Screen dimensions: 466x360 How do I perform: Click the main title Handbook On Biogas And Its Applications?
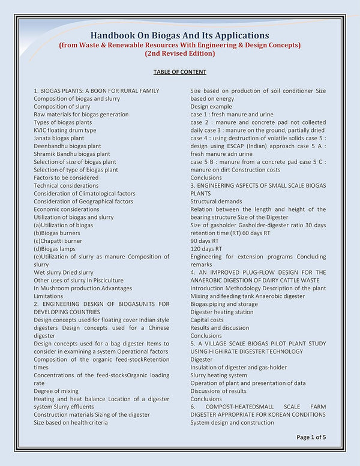[x=179, y=35]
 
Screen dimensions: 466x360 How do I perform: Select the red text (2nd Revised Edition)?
[x=179, y=53]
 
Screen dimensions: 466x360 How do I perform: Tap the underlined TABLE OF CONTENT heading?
[x=179, y=72]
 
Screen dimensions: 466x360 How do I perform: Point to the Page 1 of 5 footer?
[x=311, y=437]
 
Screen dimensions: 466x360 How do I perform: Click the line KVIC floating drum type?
[x=65, y=130]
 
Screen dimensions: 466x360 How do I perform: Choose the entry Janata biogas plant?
[x=59, y=138]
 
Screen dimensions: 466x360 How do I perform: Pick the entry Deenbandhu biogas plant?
[x=67, y=146]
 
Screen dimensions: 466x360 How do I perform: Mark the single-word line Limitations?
[x=49, y=296]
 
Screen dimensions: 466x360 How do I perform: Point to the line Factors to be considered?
[x=66, y=178]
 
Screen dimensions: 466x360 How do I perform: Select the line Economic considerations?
[x=67, y=209]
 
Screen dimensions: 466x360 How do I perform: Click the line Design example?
[x=211, y=106]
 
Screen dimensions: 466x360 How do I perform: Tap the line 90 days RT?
[x=206, y=240]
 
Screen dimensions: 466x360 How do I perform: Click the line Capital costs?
[x=207, y=320]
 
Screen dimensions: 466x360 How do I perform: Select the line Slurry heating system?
[x=220, y=375]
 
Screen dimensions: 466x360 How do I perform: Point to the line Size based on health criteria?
[x=71, y=422]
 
